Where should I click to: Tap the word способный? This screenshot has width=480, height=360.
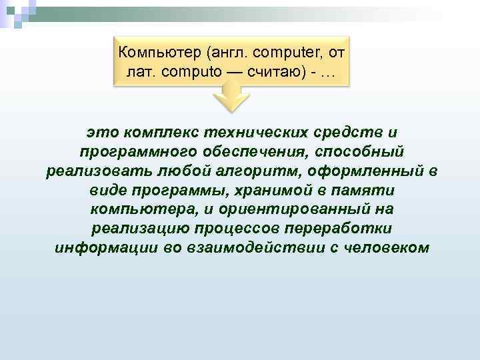point(347,152)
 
